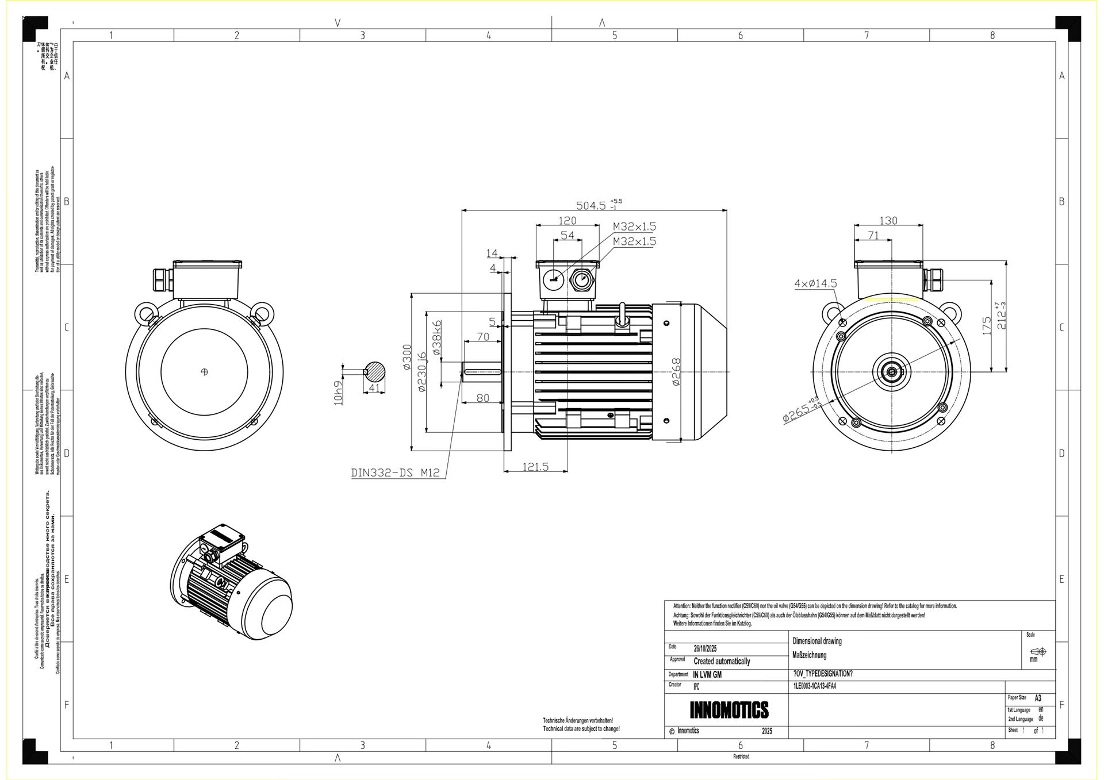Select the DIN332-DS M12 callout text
pyautogui.click(x=395, y=472)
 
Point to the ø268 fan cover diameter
pyautogui.click(x=676, y=372)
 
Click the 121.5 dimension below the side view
pyautogui.click(x=535, y=467)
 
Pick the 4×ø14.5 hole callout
pyautogui.click(x=815, y=283)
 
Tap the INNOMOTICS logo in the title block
pyautogui.click(x=729, y=710)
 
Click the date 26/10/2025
pyautogui.click(x=705, y=648)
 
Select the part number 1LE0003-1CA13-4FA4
pyautogui.click(x=814, y=686)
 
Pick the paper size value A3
pyautogui.click(x=1038, y=698)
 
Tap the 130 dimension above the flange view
pyautogui.click(x=888, y=221)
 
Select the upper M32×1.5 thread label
pyautogui.click(x=634, y=226)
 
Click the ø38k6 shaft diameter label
pyautogui.click(x=436, y=337)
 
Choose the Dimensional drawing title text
pyautogui.click(x=816, y=641)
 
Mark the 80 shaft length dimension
pyautogui.click(x=482, y=398)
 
